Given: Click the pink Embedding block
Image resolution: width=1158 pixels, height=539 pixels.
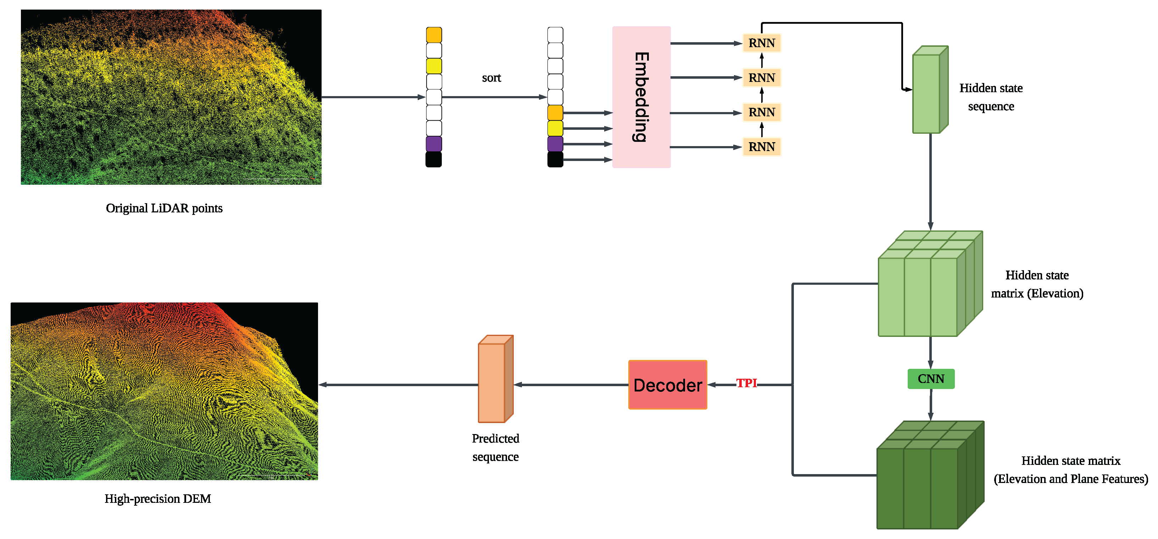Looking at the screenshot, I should [x=641, y=97].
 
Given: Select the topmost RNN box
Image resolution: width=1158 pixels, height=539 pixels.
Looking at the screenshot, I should [x=762, y=43].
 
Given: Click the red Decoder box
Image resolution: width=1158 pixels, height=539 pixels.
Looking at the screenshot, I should [x=668, y=385].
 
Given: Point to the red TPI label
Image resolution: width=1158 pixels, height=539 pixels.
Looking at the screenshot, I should [x=746, y=383].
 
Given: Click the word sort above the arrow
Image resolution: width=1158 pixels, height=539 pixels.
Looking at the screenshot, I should [x=491, y=78].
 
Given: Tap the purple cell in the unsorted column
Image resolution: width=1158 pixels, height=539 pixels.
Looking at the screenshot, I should [x=434, y=144].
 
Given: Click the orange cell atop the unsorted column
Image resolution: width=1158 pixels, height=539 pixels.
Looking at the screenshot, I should [x=434, y=35].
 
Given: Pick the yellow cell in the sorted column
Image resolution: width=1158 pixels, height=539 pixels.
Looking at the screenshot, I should [x=555, y=128].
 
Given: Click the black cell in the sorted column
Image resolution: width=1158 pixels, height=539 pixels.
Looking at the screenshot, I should [x=555, y=159].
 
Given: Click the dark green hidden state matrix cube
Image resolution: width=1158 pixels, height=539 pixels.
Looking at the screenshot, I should [x=926, y=481].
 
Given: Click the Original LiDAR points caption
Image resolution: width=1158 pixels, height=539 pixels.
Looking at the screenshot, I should [x=164, y=208].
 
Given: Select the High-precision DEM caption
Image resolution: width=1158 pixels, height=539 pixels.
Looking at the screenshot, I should [x=157, y=499].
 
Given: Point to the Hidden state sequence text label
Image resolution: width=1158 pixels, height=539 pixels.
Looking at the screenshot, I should [x=991, y=97].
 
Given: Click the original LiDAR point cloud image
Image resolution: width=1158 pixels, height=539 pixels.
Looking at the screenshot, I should [x=171, y=97].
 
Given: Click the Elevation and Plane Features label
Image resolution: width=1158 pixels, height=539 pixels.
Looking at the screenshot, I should [x=1070, y=479].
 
